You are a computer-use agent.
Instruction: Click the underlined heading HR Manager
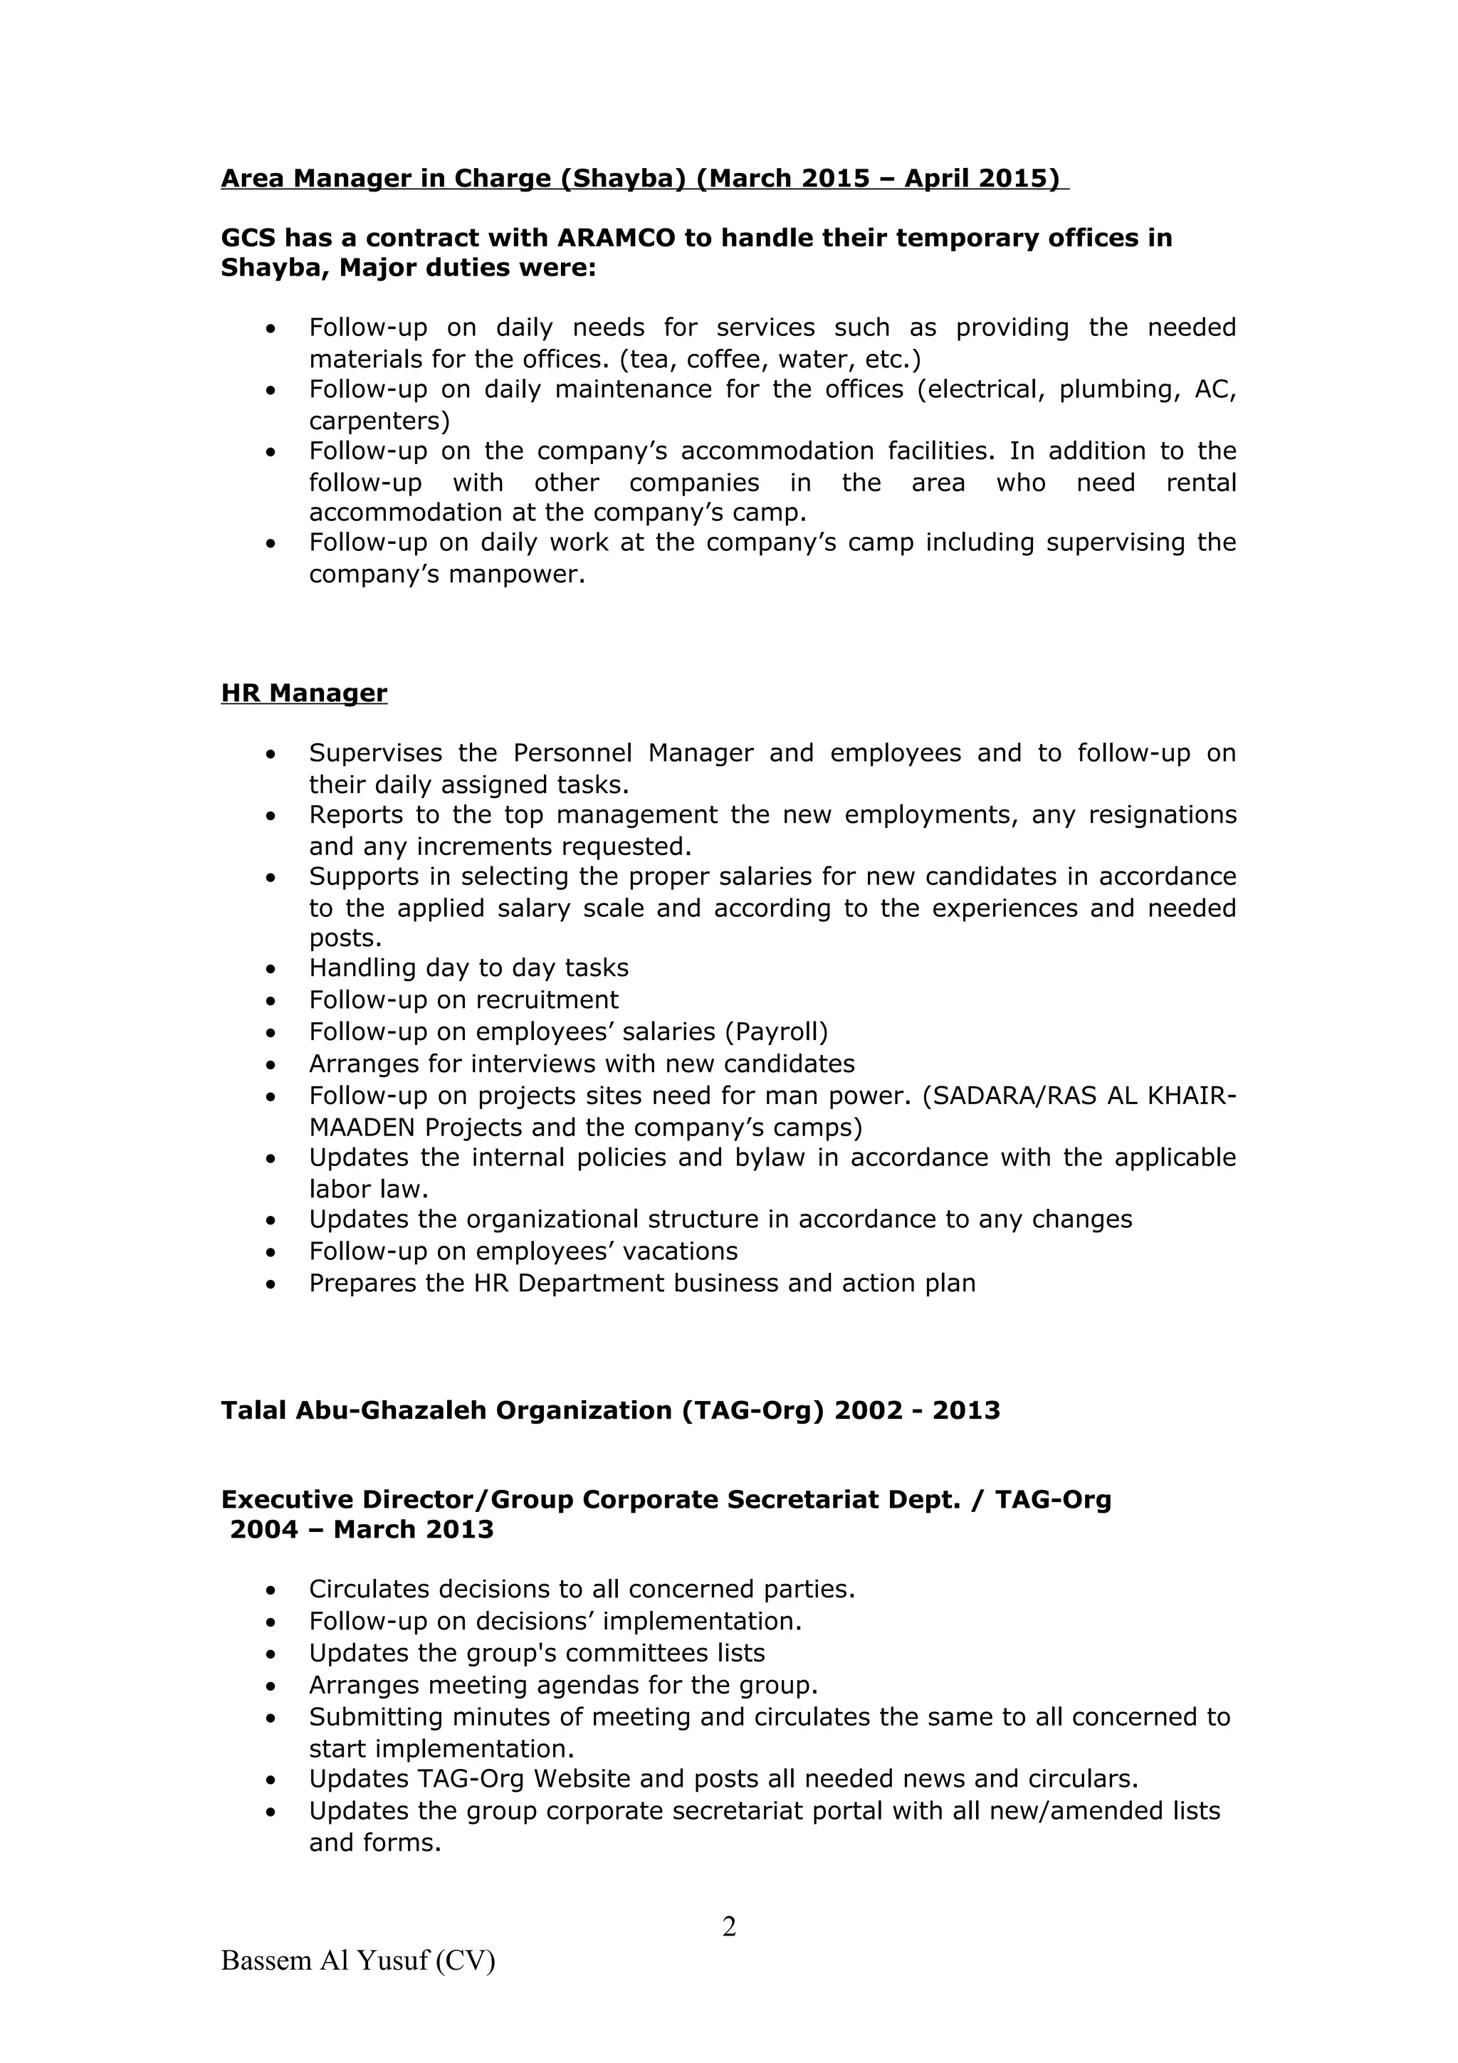[x=304, y=693]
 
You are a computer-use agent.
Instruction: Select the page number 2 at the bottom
[x=728, y=1926]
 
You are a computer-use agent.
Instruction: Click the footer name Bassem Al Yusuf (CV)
[x=357, y=1960]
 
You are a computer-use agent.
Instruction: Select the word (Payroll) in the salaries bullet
[x=776, y=1031]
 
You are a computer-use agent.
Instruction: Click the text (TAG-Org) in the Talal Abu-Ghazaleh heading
[x=752, y=1410]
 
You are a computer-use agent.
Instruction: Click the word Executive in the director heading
[x=288, y=1500]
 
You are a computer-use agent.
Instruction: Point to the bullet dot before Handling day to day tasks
[x=271, y=970]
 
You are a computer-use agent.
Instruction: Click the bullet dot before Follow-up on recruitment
[x=271, y=1001]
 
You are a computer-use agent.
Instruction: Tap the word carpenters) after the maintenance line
[x=379, y=421]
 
